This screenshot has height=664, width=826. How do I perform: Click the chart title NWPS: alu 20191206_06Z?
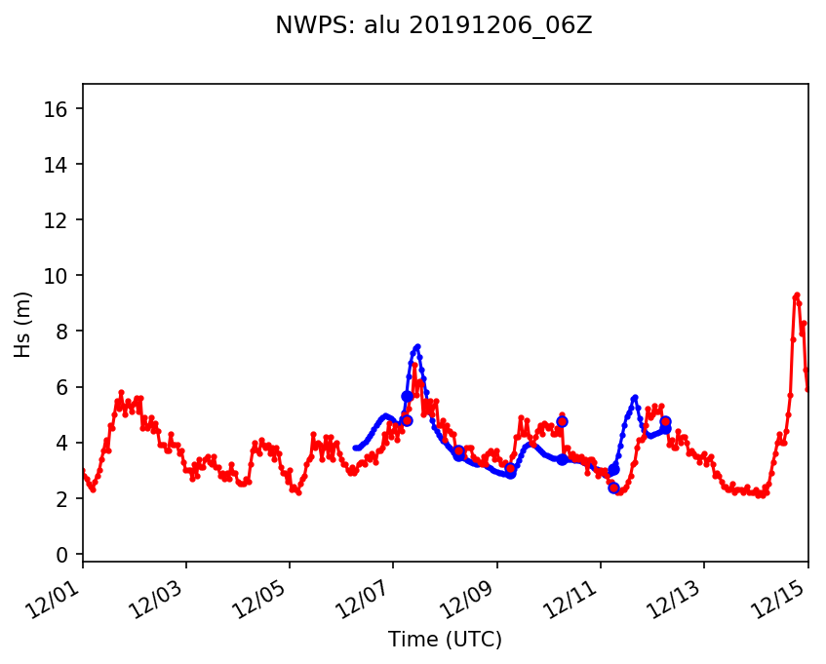(x=433, y=26)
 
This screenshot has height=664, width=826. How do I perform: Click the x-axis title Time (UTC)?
(x=445, y=640)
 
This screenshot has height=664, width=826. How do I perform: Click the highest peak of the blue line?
(x=416, y=346)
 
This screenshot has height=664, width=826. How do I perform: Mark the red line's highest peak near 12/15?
(x=797, y=294)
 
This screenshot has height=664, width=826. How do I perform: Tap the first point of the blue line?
(x=355, y=448)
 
